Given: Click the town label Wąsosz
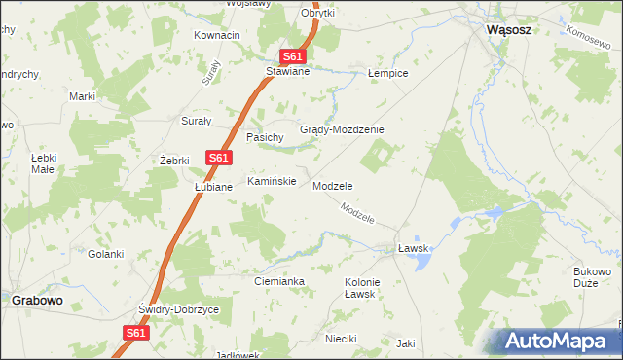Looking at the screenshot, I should pos(508,30).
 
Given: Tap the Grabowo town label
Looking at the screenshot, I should pos(37,300).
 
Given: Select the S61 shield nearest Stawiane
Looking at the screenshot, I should pos(295,57).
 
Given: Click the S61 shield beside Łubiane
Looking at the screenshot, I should pos(218,158).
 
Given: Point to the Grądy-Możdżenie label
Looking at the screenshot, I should pos(342,129).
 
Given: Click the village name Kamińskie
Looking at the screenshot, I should pos(271,181).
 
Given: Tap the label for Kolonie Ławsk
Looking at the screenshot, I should pos(362,288).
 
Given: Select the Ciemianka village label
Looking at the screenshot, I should pos(279,281).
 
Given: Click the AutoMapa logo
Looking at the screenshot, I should pos(558,341).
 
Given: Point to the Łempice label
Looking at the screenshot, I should pos(387,73).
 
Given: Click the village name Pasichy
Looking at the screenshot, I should pos(265,138).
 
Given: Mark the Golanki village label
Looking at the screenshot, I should pos(106,254).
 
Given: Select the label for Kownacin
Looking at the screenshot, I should pos(217,35).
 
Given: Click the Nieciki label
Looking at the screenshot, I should pos(342,339).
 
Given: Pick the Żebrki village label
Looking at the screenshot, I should pos(173,160).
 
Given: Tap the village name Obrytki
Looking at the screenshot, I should pos(317,13).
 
